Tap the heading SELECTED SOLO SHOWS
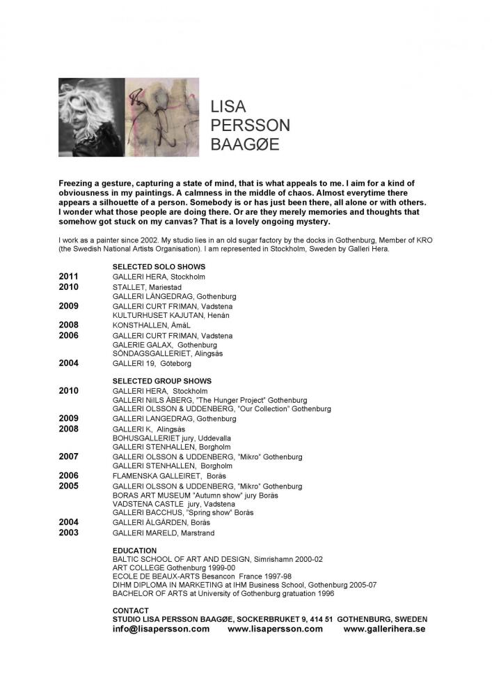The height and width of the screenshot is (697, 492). point(159,266)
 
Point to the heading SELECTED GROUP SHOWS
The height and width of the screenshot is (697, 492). point(161,381)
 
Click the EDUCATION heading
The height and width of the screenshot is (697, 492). point(134,551)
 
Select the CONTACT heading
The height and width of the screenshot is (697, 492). point(130,611)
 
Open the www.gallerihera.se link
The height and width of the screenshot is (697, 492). point(384,629)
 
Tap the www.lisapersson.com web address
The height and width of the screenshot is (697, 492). point(275,629)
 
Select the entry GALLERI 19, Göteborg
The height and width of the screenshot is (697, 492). point(152,363)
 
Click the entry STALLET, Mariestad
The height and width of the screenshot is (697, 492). point(147,286)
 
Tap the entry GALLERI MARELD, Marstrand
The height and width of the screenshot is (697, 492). point(164,533)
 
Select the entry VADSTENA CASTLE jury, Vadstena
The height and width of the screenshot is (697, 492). point(174,504)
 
